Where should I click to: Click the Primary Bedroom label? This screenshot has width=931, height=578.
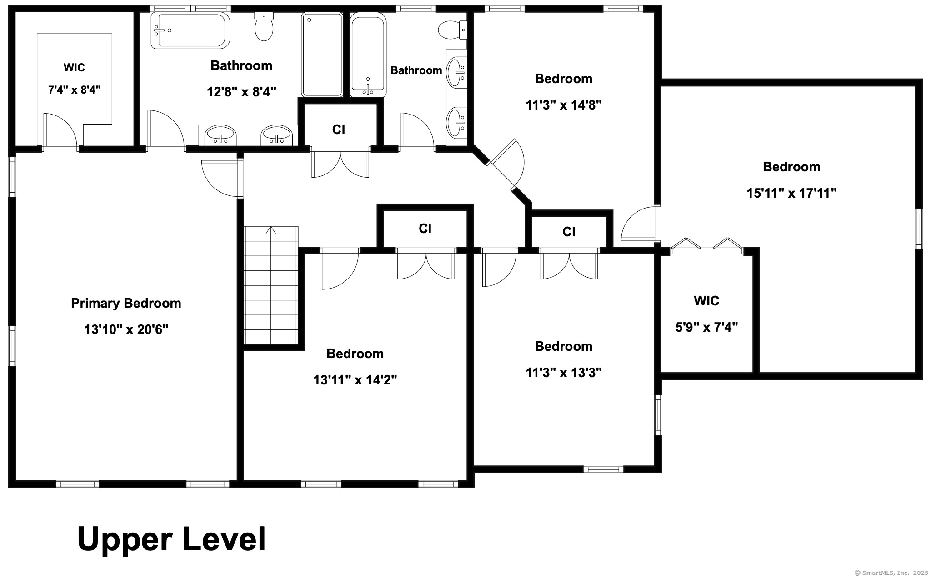click(126, 303)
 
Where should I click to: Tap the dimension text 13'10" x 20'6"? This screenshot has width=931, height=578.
click(126, 329)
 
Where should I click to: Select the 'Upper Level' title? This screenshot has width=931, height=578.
click(171, 539)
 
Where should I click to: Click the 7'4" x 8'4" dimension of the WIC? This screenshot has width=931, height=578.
click(74, 90)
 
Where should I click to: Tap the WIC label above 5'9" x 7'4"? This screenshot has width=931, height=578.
click(706, 301)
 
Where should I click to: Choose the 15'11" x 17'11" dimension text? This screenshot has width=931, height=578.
click(791, 193)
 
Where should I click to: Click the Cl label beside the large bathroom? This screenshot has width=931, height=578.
click(339, 130)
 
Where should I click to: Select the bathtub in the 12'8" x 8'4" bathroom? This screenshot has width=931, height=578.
click(190, 30)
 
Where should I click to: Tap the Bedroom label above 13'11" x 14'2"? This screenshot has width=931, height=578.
click(355, 354)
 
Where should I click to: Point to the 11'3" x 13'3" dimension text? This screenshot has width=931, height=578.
click(564, 373)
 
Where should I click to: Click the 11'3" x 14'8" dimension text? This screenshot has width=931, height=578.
click(564, 105)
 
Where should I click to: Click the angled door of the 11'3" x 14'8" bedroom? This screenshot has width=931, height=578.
click(506, 164)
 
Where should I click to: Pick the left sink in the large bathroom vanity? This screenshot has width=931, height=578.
click(220, 135)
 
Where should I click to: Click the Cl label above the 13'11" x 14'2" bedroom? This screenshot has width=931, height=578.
click(425, 229)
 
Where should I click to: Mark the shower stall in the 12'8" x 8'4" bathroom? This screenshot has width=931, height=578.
click(322, 55)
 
